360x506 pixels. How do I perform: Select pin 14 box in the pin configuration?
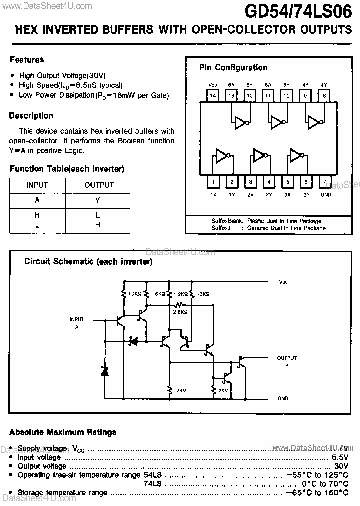(x=213, y=96)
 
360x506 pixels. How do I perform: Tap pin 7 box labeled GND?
(x=325, y=182)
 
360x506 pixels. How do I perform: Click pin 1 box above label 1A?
(x=213, y=182)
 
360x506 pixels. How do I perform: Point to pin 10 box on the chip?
(x=286, y=96)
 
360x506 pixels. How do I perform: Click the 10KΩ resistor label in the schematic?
(x=135, y=294)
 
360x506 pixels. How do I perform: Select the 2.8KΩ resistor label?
(x=180, y=312)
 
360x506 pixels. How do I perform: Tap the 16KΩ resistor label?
(x=202, y=294)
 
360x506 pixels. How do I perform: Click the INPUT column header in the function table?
(x=37, y=185)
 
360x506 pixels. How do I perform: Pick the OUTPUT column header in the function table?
(x=99, y=185)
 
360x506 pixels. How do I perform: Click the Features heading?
(x=27, y=60)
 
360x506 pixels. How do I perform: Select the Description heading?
(x=31, y=116)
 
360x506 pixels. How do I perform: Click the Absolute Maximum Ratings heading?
(x=63, y=432)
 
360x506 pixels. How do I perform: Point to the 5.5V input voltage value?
(x=339, y=457)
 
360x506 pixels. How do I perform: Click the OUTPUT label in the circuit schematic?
(x=287, y=358)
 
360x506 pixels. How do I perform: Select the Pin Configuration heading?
(x=233, y=68)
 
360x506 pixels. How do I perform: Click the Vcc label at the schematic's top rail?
(x=283, y=282)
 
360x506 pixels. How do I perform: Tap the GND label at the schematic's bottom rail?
(x=283, y=399)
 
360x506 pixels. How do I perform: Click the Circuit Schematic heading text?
(x=88, y=261)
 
